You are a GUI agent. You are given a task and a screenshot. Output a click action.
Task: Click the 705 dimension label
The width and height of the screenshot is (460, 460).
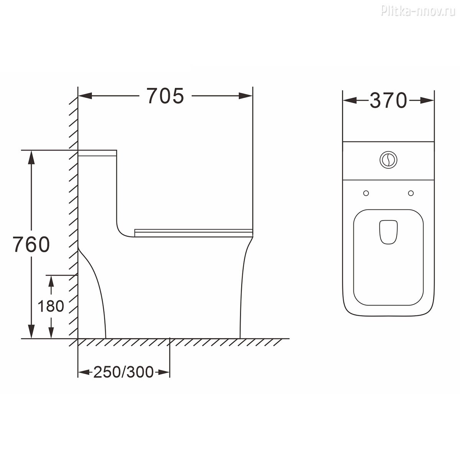point(165,96)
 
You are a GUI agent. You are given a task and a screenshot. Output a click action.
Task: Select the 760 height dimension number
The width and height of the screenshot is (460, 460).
point(31,244)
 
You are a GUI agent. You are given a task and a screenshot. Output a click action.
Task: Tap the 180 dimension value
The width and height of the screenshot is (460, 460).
point(51,306)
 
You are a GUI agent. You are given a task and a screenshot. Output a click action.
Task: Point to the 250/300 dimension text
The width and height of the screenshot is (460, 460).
point(123,372)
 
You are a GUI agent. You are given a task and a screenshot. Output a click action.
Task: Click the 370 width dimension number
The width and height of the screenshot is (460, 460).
point(388,100)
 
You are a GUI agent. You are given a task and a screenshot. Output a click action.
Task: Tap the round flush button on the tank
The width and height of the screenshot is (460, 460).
point(388,160)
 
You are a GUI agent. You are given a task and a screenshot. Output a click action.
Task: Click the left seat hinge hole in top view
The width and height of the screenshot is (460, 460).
point(366,193)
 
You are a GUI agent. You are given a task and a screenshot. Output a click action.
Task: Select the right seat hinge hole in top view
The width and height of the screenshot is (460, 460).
point(411,193)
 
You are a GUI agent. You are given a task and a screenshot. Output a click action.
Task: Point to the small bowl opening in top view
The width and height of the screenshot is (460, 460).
point(388,232)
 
